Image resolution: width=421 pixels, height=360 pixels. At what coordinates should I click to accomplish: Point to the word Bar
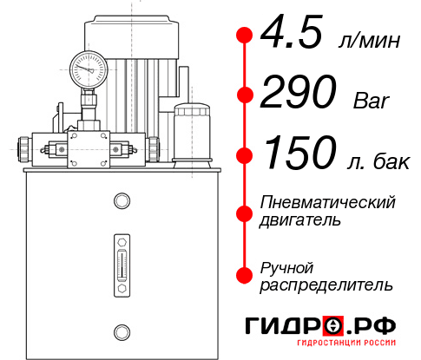[372, 100]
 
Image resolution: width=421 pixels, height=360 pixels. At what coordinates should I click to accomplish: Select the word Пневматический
[328, 203]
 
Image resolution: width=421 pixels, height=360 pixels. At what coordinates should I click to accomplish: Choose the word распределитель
[326, 285]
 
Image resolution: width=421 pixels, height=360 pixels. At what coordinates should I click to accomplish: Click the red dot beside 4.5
[245, 36]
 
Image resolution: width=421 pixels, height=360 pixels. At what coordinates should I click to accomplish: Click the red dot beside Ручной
[245, 275]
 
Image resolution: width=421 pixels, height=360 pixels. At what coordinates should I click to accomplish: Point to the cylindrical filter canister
[191, 132]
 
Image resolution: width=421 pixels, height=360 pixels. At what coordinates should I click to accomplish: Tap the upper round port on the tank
[121, 201]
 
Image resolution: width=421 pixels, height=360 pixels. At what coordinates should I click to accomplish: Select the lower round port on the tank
[121, 330]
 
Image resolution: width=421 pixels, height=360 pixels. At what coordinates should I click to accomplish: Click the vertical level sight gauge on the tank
[121, 259]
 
